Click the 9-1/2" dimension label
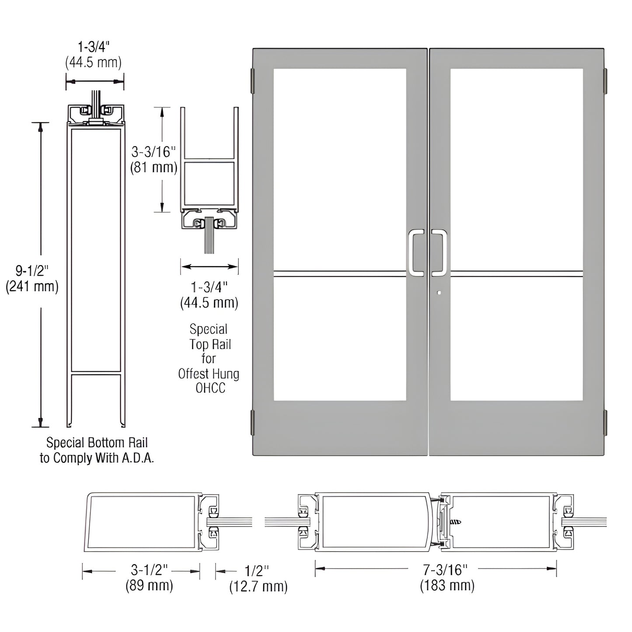tap(31, 271)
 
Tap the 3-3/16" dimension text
tap(154, 152)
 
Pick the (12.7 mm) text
tap(258, 587)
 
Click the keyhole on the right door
tap(439, 293)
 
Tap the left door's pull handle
tap(416, 253)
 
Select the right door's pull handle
tap(439, 253)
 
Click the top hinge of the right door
tap(606, 80)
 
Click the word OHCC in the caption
tap(210, 388)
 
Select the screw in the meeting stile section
tap(456, 522)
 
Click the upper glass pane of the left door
tap(340, 168)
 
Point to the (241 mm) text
tap(32, 287)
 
